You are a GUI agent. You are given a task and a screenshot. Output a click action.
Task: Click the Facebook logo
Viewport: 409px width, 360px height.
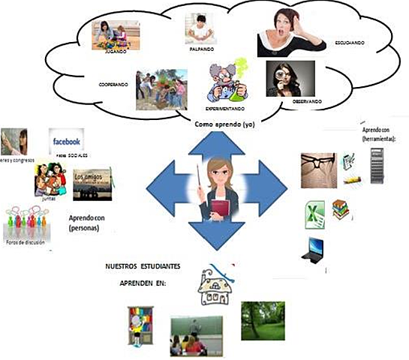[x=66, y=140]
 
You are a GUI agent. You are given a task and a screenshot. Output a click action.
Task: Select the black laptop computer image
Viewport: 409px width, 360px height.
[x=311, y=249]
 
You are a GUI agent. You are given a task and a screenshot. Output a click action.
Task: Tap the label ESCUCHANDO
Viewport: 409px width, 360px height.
[x=349, y=43]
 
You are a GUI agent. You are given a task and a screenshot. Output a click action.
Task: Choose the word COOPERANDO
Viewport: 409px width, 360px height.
[x=113, y=85]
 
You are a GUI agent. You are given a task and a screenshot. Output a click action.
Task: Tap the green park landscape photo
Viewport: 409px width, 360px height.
[x=263, y=320]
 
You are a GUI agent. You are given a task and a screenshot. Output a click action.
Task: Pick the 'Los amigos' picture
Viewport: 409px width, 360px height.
[x=93, y=183]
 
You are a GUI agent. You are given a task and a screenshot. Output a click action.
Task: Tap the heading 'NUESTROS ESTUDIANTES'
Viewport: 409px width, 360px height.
[x=145, y=267]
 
